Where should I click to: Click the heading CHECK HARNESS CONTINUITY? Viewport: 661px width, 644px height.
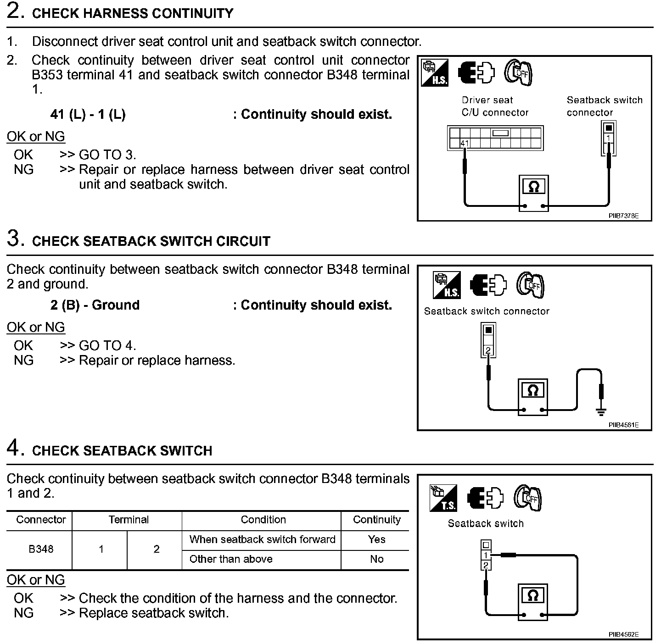point(133,13)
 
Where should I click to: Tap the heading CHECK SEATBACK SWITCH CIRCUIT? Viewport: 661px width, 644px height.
point(151,241)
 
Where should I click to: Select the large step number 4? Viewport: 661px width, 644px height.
point(14,448)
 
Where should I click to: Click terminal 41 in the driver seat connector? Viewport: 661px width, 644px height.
point(465,143)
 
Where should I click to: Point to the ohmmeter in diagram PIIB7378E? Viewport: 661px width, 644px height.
point(533,193)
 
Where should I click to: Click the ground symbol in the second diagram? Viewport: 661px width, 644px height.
point(601,411)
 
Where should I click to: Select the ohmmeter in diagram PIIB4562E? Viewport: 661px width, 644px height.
point(533,601)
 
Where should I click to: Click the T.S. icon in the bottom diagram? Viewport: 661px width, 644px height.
point(443,499)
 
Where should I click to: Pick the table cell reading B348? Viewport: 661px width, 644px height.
point(41,549)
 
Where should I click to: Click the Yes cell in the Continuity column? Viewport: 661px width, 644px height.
point(376,539)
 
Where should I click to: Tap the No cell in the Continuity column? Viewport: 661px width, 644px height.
point(376,559)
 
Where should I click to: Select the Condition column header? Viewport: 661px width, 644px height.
point(263,520)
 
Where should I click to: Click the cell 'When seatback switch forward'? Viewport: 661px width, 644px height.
point(262,539)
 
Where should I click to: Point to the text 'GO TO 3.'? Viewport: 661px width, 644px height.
point(107,155)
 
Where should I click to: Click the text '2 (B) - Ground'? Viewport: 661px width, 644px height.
point(95,305)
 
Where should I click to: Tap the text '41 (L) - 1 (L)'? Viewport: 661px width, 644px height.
point(88,114)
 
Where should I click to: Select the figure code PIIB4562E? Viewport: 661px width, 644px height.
point(623,634)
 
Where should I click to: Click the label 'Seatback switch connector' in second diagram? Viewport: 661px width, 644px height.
point(487,311)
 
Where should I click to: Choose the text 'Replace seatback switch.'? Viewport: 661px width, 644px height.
point(154,613)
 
